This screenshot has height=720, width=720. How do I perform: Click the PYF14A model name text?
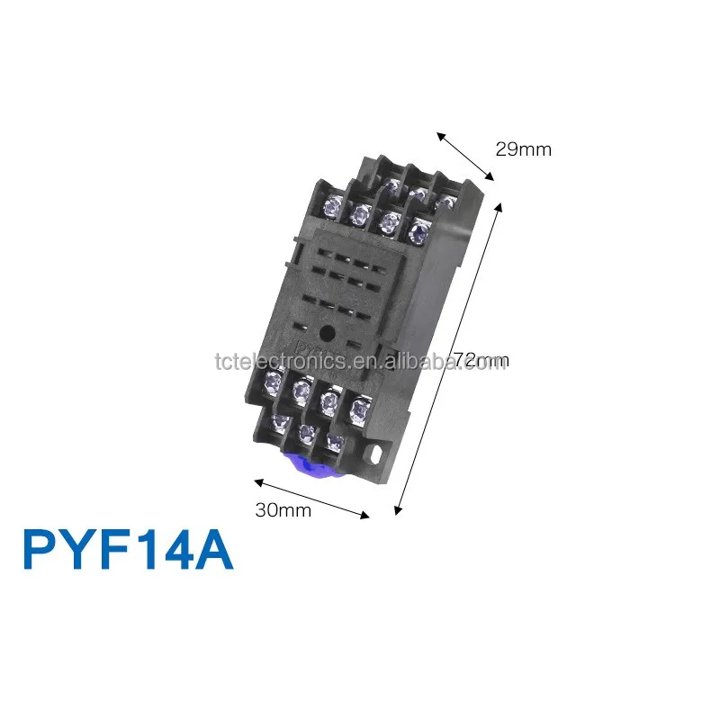128,550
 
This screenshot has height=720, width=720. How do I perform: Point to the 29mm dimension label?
523,149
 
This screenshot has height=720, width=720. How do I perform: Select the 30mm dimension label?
283,510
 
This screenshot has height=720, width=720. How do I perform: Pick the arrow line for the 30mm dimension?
311,499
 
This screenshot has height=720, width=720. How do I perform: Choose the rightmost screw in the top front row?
416,234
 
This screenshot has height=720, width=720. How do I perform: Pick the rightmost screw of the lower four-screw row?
358,410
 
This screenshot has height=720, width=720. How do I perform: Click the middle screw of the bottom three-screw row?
306,434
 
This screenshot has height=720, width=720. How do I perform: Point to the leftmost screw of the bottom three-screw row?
277,423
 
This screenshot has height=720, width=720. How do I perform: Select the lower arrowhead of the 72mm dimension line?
398,511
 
